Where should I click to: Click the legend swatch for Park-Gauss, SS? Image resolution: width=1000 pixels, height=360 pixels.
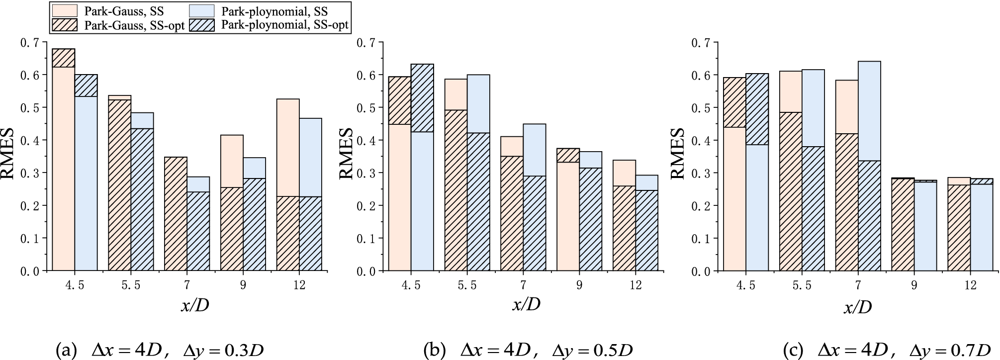point(65,10)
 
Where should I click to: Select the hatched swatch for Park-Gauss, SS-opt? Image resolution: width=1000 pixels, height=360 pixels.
point(65,24)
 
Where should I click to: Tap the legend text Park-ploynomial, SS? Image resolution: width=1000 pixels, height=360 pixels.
point(275,10)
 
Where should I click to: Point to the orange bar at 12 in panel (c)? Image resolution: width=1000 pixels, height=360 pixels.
point(959,224)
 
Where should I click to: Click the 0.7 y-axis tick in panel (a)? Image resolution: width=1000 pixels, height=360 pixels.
point(29,42)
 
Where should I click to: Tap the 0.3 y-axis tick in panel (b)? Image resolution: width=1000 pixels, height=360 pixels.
point(365,173)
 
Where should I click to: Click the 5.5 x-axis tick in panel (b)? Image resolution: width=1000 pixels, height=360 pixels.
point(467,285)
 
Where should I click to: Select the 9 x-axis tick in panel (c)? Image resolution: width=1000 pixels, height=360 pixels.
point(914,285)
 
